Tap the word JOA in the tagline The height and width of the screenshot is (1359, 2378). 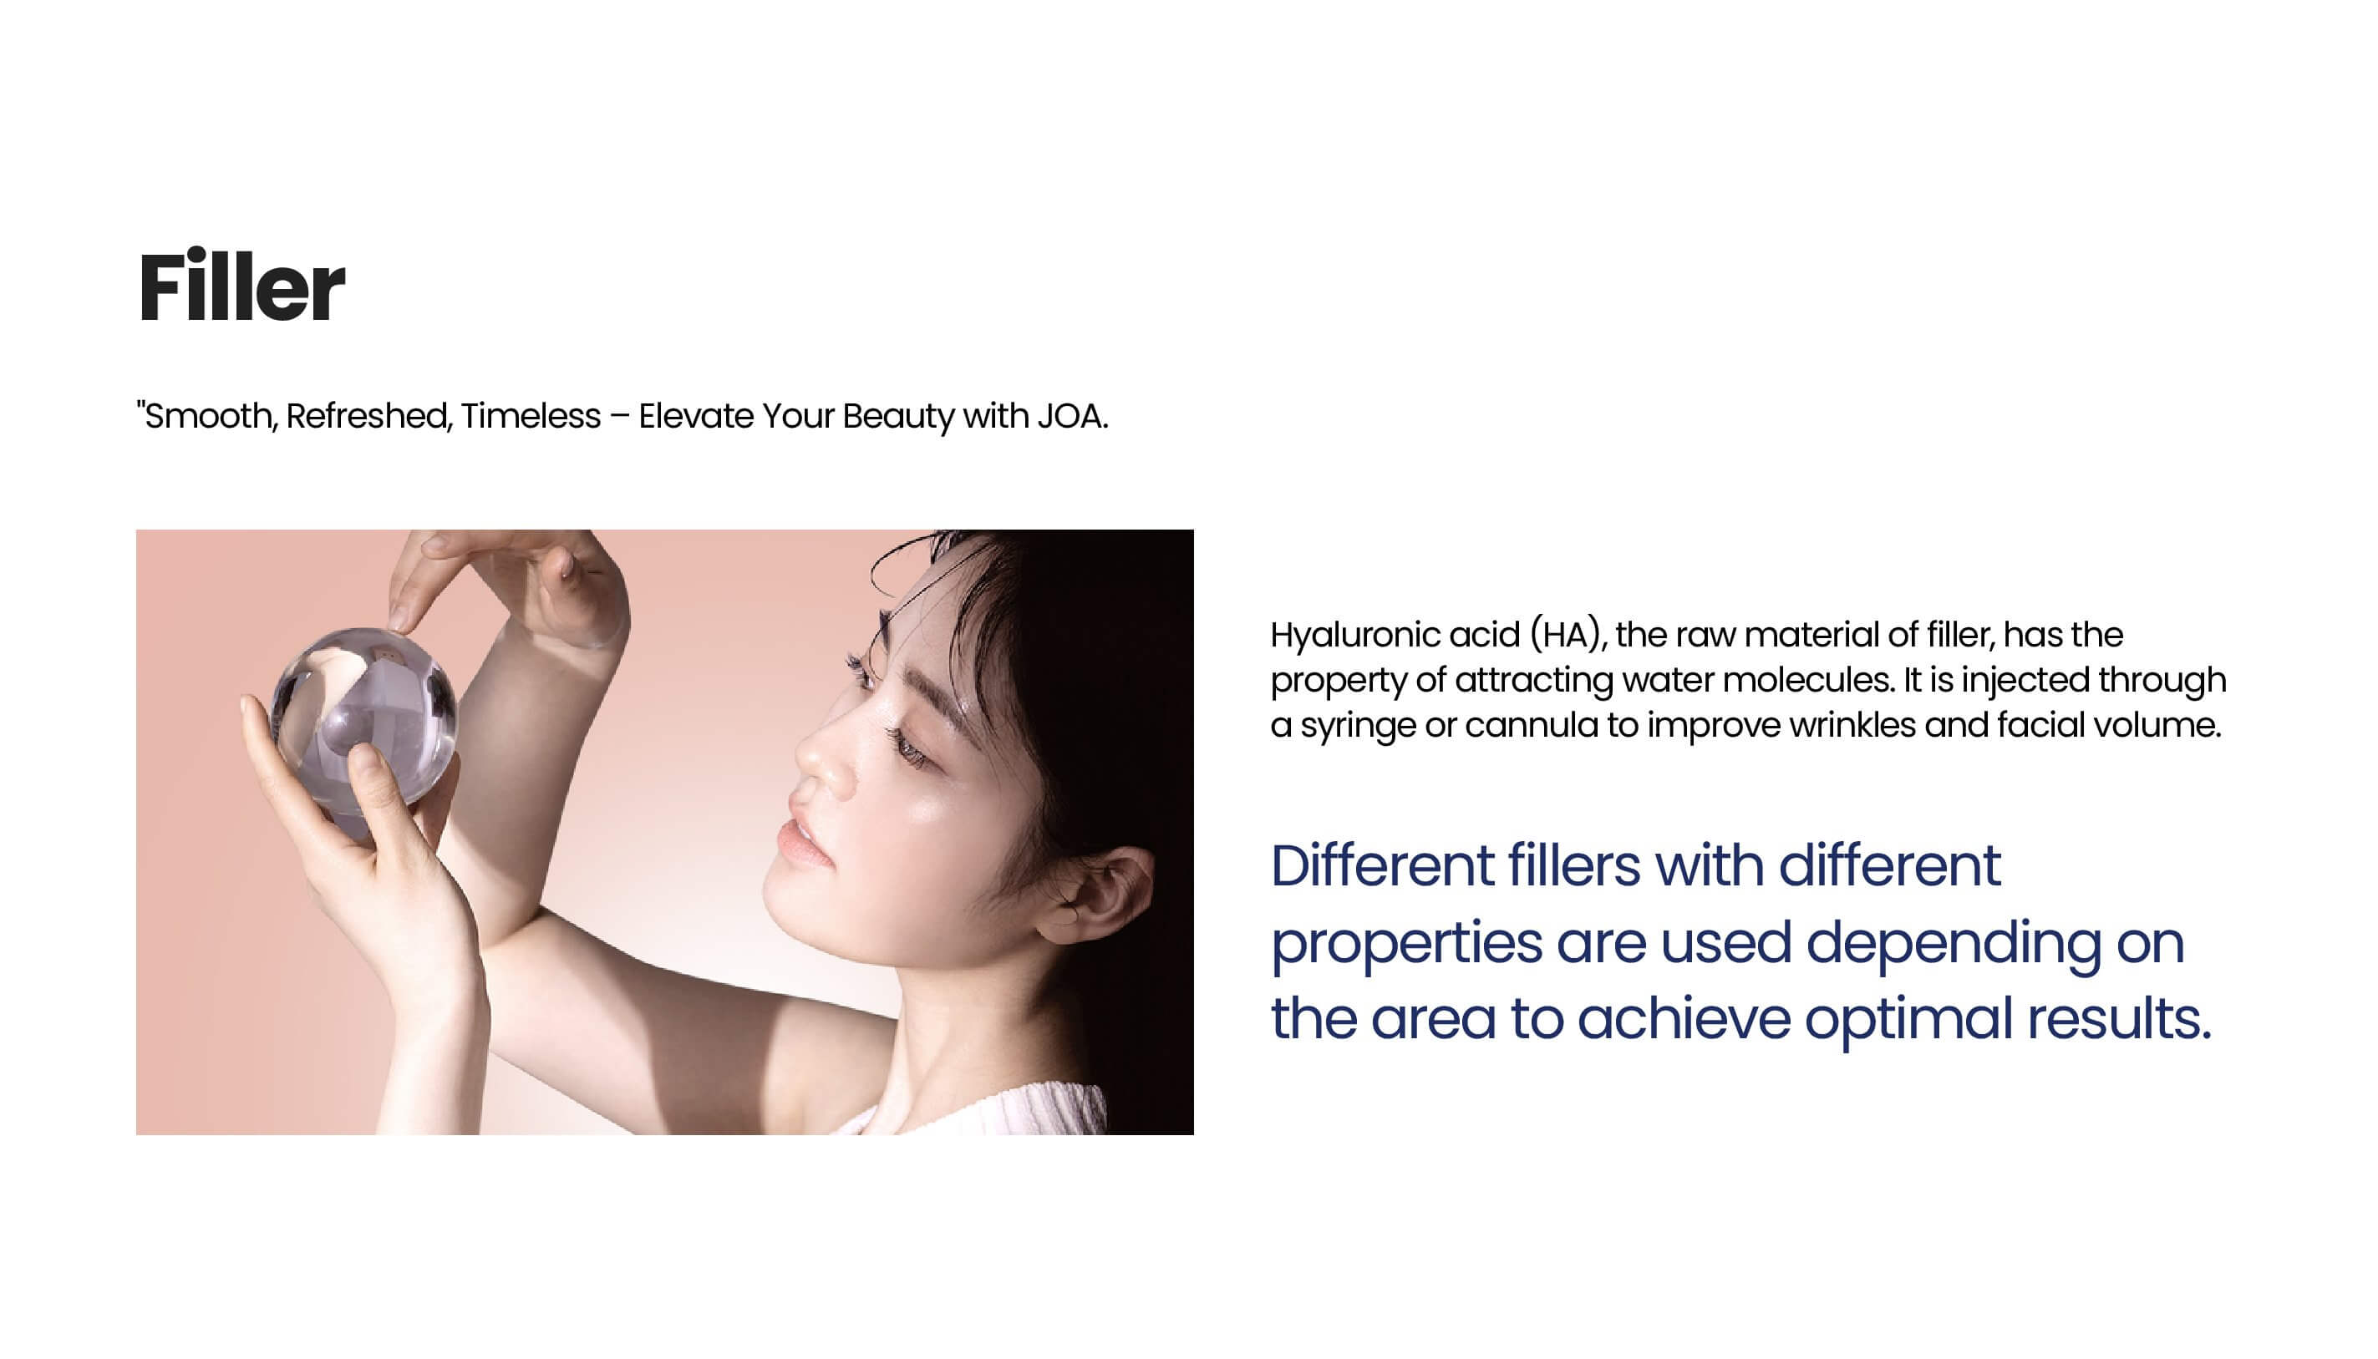pos(1072,416)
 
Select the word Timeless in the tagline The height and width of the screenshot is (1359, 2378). pos(531,416)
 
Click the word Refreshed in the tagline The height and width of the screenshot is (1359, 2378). pos(369,416)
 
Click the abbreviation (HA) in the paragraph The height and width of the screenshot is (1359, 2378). pos(1568,636)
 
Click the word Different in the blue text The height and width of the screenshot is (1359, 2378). pos(1383,866)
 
